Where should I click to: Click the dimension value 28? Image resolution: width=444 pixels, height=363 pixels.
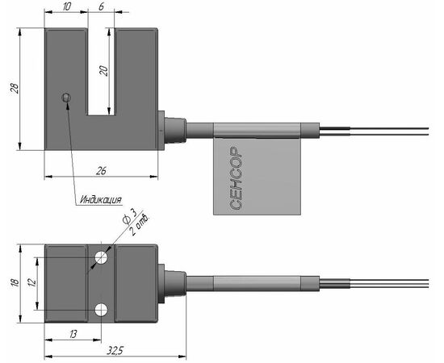point(15,88)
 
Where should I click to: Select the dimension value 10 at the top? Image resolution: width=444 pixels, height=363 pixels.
point(66,6)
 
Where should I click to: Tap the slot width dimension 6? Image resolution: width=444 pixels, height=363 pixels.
point(101,6)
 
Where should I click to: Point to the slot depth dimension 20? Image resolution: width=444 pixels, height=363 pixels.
point(104,71)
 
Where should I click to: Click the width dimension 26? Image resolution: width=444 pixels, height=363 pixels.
point(101,170)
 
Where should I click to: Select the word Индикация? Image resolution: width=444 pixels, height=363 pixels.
point(101,200)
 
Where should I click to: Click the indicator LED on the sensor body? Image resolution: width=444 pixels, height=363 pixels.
point(66,98)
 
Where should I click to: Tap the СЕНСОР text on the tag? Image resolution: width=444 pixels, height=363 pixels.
point(236,178)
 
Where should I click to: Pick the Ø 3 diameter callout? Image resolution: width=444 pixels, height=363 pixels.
point(129,216)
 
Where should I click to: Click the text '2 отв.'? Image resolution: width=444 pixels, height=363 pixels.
point(140,226)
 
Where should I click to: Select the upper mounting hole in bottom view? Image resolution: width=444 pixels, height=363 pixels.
point(101,257)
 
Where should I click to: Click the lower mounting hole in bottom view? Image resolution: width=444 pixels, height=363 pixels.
point(101,310)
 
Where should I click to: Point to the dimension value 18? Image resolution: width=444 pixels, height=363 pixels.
point(15,282)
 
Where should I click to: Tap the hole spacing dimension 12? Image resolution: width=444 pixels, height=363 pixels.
point(32,282)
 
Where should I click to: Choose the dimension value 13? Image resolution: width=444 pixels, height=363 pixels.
point(73,334)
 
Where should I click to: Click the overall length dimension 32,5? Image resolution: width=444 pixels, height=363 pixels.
point(115,351)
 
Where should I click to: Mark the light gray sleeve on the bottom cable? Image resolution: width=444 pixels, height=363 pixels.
point(257,284)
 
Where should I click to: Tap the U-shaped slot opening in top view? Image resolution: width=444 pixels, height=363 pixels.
point(101,72)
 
